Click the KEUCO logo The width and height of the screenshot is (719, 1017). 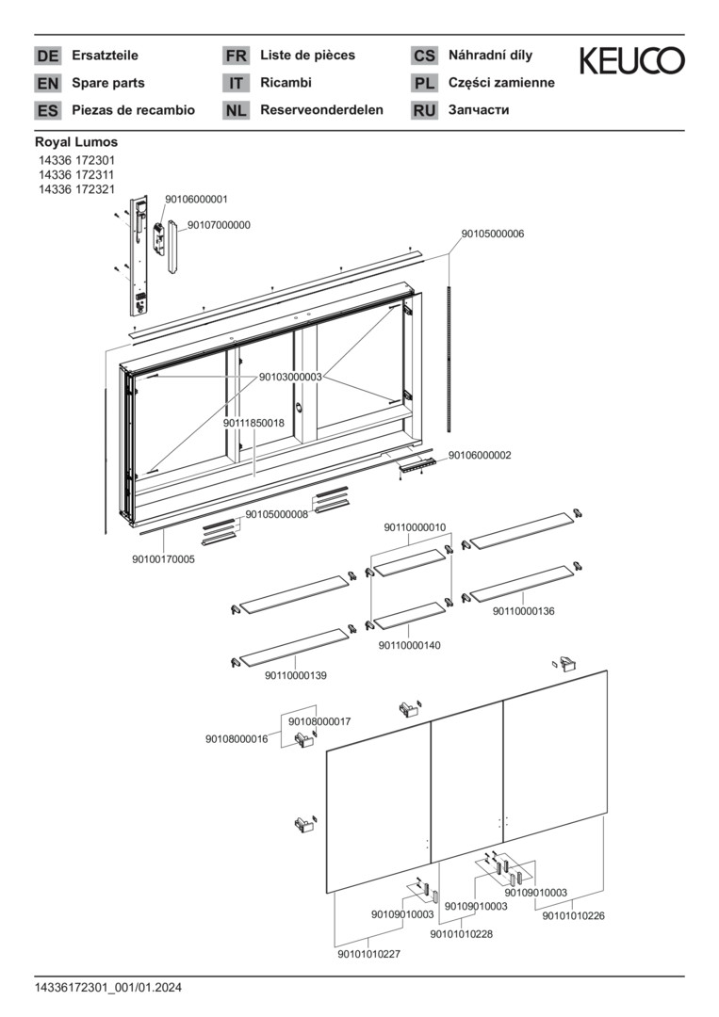click(x=631, y=61)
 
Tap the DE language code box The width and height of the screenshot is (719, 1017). click(x=47, y=56)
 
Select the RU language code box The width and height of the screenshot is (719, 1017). click(x=424, y=110)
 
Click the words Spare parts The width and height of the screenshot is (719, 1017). click(x=108, y=83)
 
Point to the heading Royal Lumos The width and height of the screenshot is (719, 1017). click(x=76, y=142)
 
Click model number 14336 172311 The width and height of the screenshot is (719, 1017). click(x=76, y=174)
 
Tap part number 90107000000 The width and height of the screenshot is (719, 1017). click(x=219, y=225)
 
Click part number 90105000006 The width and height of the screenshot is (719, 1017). click(x=492, y=234)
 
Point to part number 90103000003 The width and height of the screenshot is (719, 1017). click(x=290, y=377)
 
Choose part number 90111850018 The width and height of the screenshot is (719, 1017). click(x=253, y=424)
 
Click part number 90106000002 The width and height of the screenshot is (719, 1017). click(x=480, y=455)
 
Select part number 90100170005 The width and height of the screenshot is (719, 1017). click(x=164, y=559)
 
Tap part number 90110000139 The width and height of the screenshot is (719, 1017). click(x=296, y=675)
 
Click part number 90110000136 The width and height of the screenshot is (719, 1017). click(x=523, y=611)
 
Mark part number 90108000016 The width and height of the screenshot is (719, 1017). click(x=237, y=739)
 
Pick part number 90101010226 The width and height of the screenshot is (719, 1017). click(x=573, y=915)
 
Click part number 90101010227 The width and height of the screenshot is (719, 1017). click(x=368, y=954)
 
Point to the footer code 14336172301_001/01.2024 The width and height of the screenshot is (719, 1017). click(x=108, y=988)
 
